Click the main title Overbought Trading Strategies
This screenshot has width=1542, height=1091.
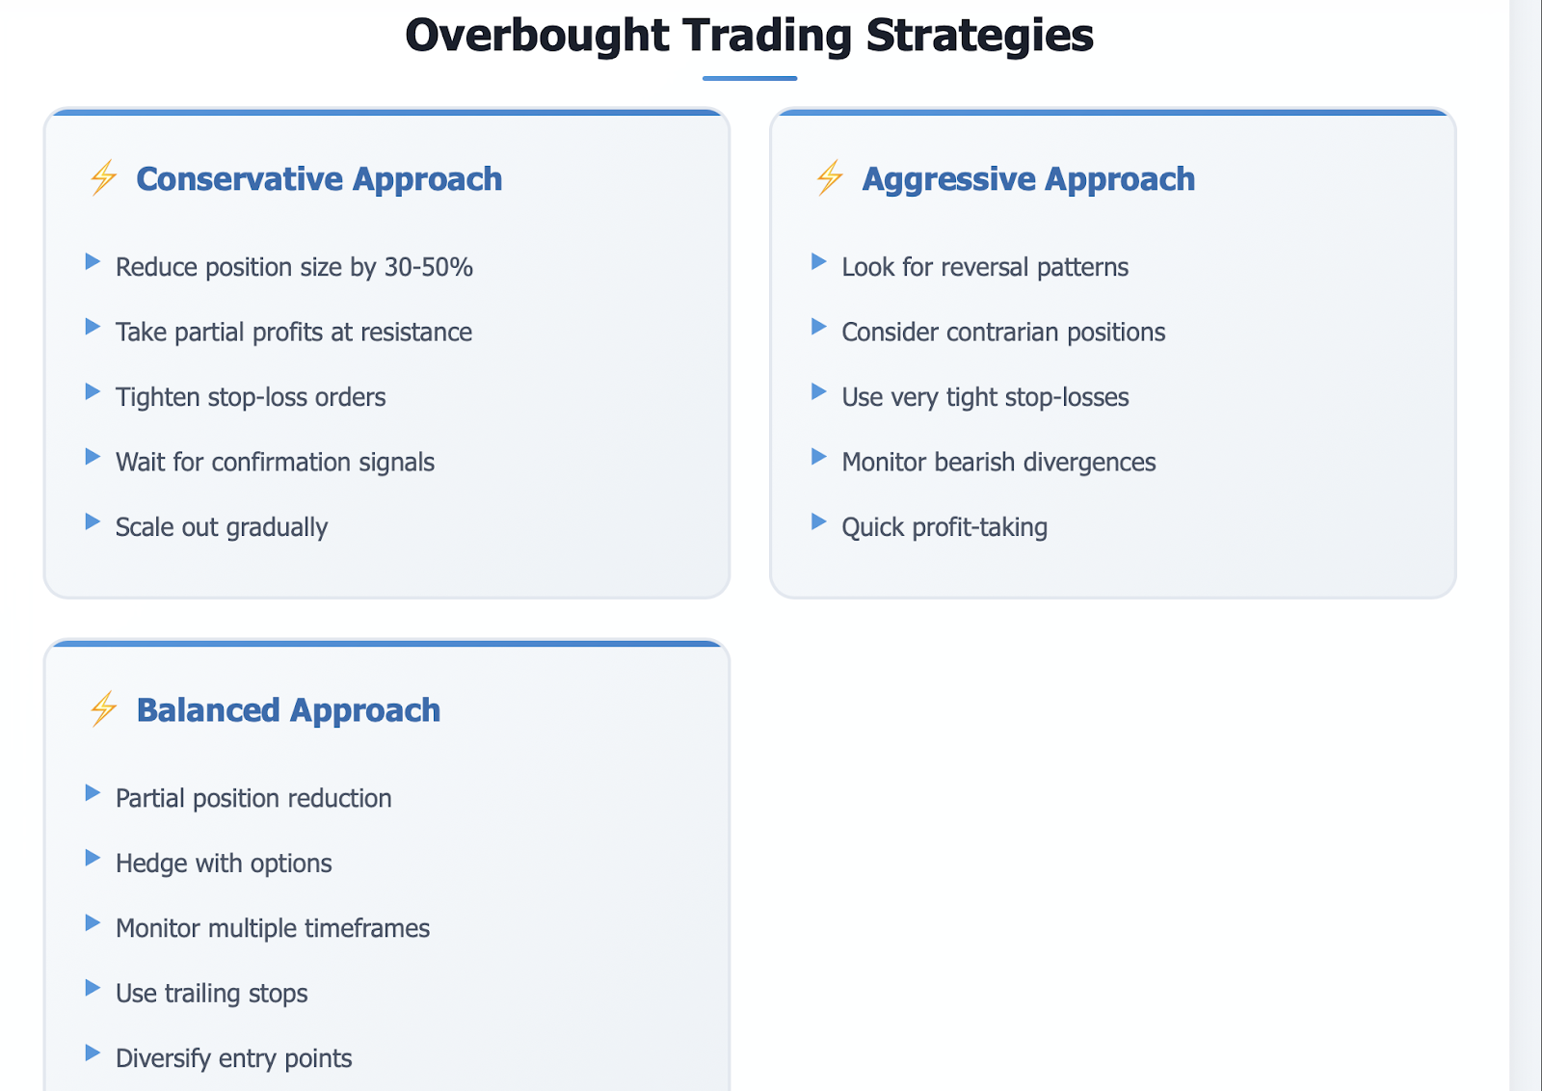pyautogui.click(x=749, y=36)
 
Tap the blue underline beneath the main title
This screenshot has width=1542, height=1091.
pyautogui.click(x=750, y=78)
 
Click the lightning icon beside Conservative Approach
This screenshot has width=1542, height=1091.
pyautogui.click(x=103, y=177)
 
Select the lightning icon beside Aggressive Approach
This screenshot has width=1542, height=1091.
pyautogui.click(x=830, y=177)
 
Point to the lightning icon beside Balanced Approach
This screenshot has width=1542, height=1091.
pyautogui.click(x=103, y=709)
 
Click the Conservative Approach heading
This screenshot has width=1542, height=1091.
pyautogui.click(x=319, y=179)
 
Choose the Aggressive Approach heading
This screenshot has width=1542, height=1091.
pyautogui.click(x=1028, y=179)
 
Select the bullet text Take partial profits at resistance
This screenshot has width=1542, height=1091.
pyautogui.click(x=294, y=333)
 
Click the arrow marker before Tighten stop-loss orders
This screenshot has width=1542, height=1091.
pyautogui.click(x=93, y=391)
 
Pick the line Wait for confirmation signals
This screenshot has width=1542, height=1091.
pyautogui.click(x=276, y=463)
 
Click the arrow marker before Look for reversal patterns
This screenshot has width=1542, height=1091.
pyautogui.click(x=819, y=261)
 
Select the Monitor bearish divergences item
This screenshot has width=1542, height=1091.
pyautogui.click(x=998, y=463)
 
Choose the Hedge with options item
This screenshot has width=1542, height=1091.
pyautogui.click(x=224, y=864)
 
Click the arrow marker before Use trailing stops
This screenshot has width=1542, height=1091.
pyautogui.click(x=93, y=988)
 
